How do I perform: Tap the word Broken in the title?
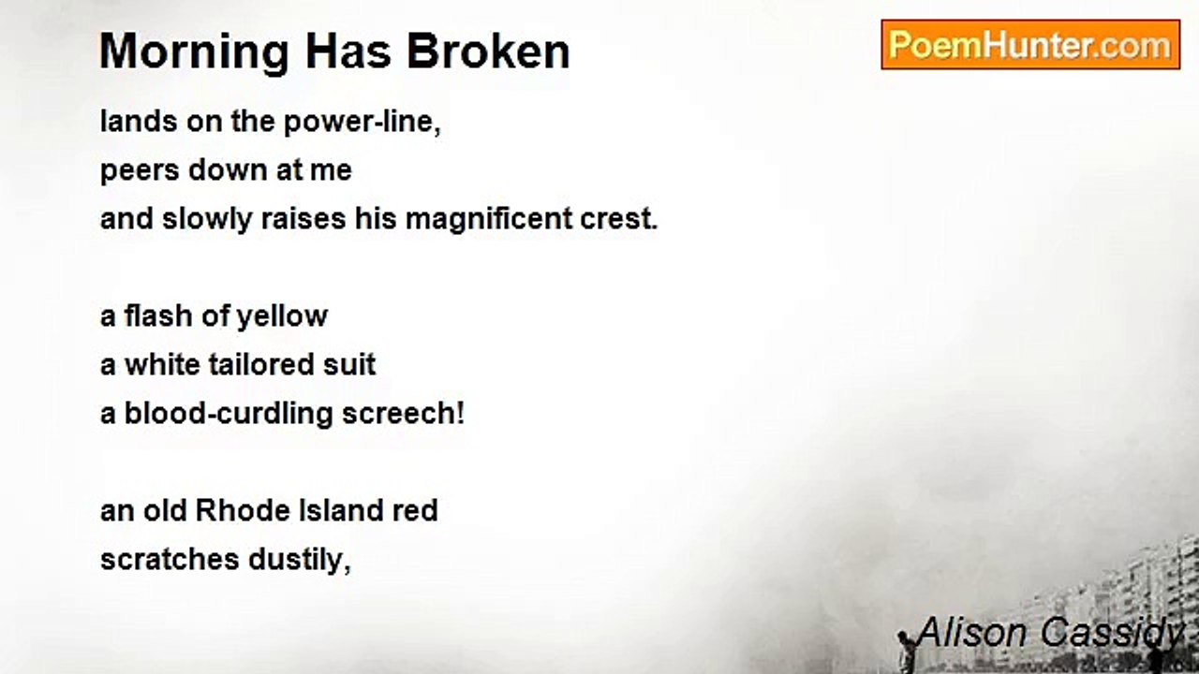488,51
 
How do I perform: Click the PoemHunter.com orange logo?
1030,45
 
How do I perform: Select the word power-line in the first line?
363,123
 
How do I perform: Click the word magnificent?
489,219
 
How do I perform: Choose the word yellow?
282,316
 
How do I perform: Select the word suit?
349,365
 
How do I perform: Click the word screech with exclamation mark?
404,414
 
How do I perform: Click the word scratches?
170,560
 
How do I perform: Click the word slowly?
207,220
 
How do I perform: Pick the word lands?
140,122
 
